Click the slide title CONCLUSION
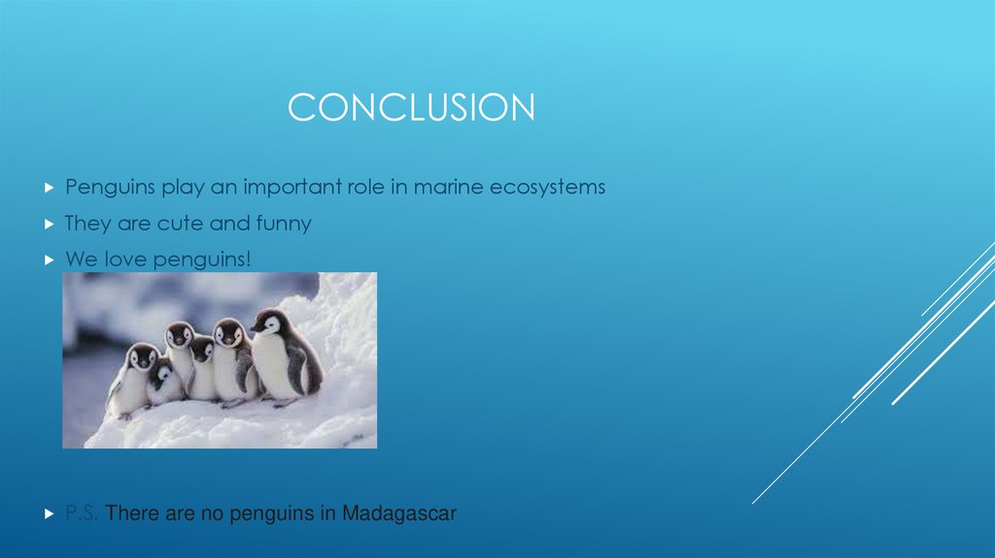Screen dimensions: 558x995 (x=411, y=108)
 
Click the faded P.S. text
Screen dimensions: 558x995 (x=82, y=512)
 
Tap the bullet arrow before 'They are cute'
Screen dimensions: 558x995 (x=50, y=224)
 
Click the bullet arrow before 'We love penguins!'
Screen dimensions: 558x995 (x=50, y=260)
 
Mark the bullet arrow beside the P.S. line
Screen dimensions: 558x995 (x=50, y=512)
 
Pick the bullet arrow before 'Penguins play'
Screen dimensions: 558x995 (x=50, y=187)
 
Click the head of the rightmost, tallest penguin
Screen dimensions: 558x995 (x=271, y=323)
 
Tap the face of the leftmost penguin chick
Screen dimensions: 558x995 (x=143, y=359)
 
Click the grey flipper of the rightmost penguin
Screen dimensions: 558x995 (x=309, y=369)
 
